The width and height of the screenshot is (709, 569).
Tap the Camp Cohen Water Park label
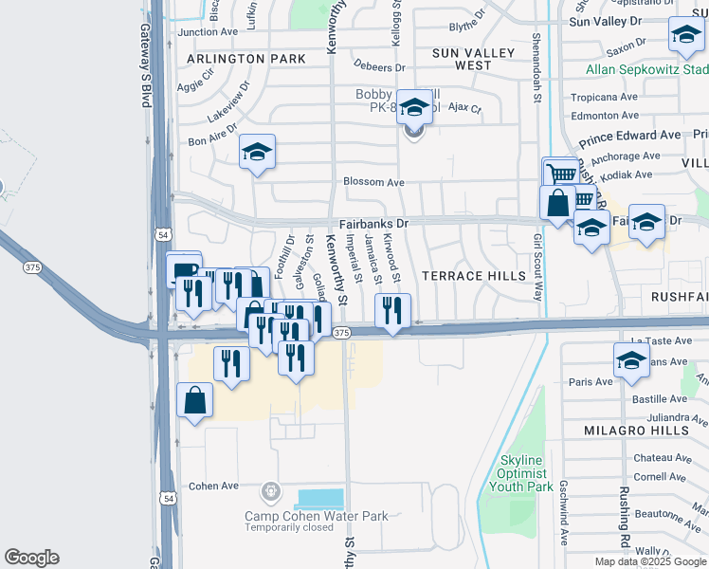click(317, 516)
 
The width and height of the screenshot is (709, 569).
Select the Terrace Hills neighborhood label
click(473, 276)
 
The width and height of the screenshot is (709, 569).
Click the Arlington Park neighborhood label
click(246, 59)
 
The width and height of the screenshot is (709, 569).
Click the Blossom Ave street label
click(374, 182)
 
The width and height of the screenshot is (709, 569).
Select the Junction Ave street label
click(208, 31)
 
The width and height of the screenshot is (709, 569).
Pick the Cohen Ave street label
click(213, 486)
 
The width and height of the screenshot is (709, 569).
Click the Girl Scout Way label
click(537, 267)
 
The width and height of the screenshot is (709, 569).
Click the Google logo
click(31, 558)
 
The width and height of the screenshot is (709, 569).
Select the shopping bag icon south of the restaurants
click(194, 401)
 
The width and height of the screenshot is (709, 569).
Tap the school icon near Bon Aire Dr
click(256, 153)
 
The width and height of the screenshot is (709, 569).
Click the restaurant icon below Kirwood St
click(391, 310)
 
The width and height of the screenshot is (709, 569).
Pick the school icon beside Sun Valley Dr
click(685, 37)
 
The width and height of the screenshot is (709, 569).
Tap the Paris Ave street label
click(591, 382)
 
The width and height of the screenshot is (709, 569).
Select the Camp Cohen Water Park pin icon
click(271, 491)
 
